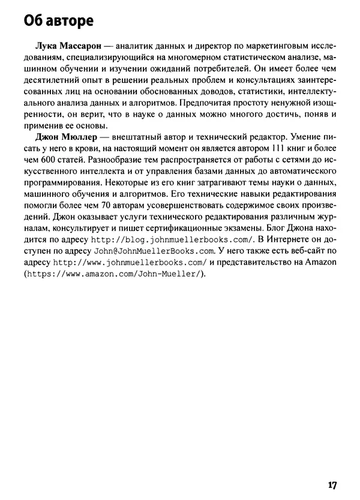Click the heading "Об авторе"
[59, 22]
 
